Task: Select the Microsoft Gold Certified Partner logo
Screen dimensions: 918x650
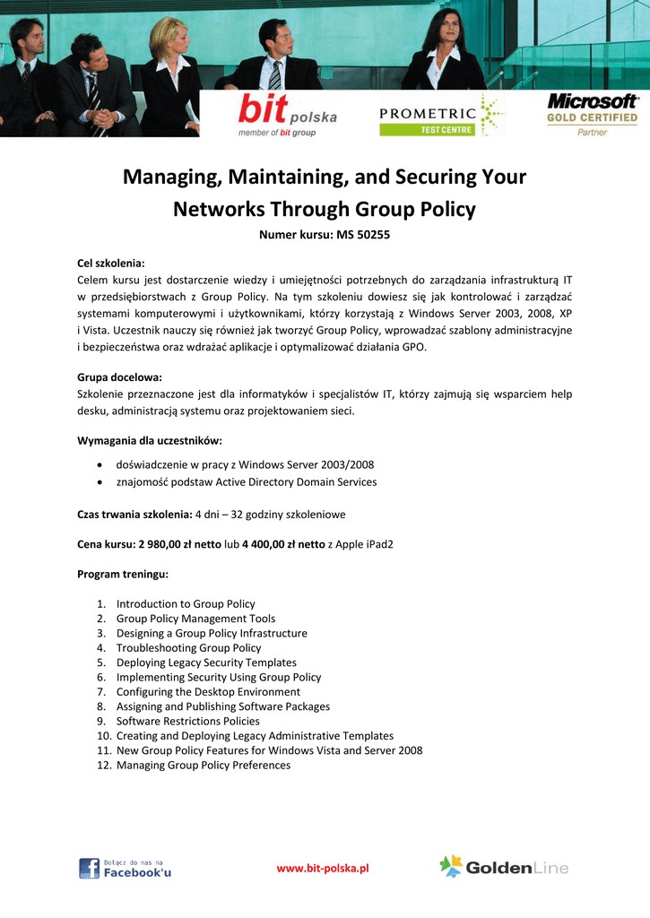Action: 592,114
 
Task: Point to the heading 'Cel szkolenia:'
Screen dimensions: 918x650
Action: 111,264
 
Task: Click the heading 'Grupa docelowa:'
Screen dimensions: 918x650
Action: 119,377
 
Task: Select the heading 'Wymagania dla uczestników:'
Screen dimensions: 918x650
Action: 150,440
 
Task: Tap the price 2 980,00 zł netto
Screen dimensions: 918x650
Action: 179,544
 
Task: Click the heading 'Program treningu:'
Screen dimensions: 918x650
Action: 123,574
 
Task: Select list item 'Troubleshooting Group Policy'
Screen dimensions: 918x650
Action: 188,648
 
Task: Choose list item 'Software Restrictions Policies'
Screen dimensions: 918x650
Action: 188,722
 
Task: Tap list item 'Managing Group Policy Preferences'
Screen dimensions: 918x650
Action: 204,766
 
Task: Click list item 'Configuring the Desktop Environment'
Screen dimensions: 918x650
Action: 208,692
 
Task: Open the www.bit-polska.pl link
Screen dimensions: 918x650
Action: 323,868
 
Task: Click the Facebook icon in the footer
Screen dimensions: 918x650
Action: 89,868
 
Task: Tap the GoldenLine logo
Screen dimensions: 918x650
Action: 504,867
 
